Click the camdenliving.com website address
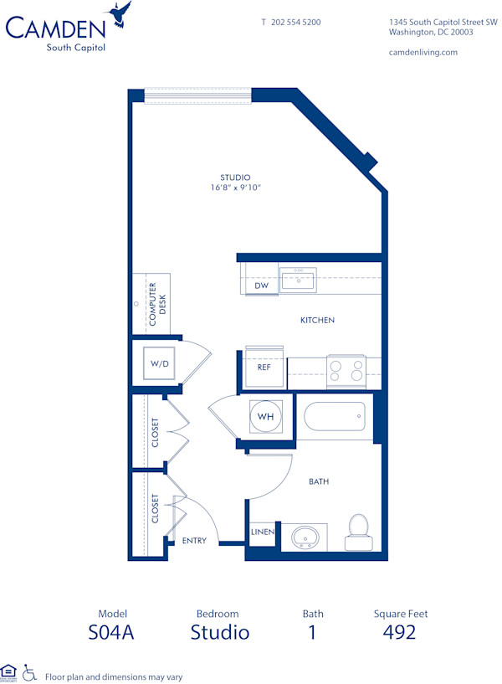point(423,52)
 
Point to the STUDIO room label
point(235,177)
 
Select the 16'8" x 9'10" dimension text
point(236,188)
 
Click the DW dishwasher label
point(261,285)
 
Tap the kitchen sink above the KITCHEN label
point(298,280)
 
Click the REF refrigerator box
point(264,367)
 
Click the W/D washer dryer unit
point(158,365)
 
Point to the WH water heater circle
point(265,416)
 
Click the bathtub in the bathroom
point(334,415)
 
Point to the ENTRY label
point(194,541)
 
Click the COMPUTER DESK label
point(157,304)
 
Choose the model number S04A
point(111,632)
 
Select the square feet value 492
point(400,632)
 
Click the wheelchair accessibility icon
point(28,671)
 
